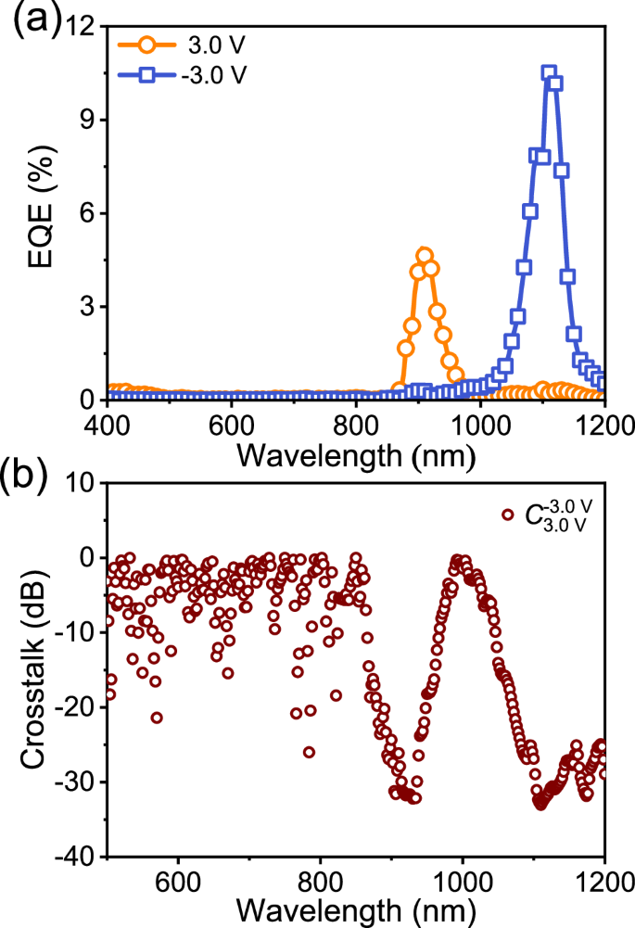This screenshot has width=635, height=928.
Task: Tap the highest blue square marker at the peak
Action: [549, 73]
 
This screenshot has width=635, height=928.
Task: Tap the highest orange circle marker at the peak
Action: [425, 255]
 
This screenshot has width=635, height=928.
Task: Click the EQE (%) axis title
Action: [39, 213]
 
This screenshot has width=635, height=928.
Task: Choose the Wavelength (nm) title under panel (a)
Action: [356, 455]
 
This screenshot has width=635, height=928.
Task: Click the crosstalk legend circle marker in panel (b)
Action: [507, 515]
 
